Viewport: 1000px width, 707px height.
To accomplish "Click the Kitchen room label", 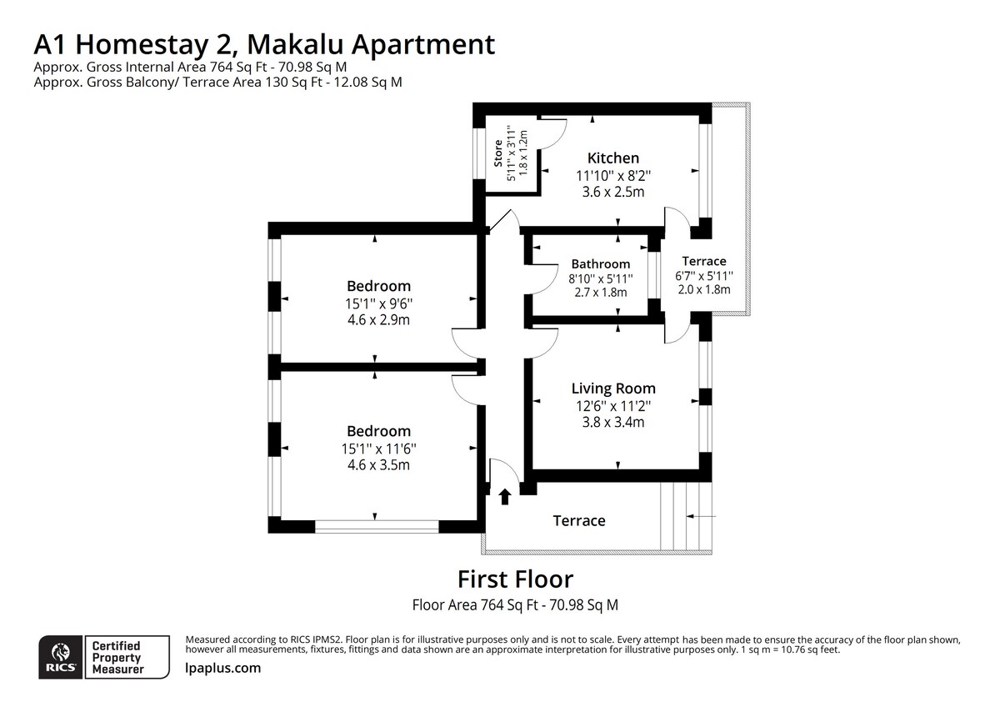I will (x=612, y=158).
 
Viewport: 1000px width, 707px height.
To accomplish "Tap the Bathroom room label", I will (x=600, y=263).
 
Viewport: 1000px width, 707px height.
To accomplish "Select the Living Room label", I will (x=612, y=388).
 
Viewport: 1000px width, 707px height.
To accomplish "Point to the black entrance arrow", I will (x=504, y=497).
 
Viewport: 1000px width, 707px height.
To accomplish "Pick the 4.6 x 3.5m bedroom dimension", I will (x=378, y=465).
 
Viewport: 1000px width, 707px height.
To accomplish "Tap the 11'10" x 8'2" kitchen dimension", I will (x=612, y=175).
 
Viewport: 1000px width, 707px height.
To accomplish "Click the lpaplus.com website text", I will (x=222, y=668).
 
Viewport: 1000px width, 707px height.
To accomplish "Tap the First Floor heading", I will (x=515, y=578).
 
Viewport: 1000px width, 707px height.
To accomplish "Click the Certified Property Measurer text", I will (x=117, y=657).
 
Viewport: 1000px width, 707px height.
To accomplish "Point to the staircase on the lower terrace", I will (x=683, y=517).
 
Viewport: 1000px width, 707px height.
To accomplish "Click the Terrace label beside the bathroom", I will (x=703, y=261).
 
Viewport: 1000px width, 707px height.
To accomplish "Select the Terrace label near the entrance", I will (x=578, y=520).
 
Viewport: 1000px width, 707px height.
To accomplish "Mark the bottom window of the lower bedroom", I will (x=377, y=526).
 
